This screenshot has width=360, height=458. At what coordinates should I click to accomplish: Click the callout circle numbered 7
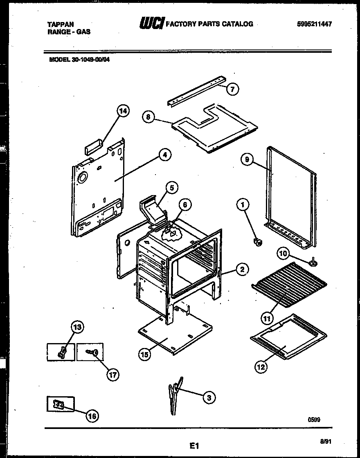232,89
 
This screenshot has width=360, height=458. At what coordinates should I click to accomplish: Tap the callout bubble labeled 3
209,397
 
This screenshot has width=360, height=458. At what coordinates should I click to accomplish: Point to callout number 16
92,416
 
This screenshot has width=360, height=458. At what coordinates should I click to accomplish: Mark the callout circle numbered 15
144,354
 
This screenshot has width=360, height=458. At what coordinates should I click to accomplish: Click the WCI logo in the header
152,24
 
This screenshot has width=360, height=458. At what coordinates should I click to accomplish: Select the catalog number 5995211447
314,24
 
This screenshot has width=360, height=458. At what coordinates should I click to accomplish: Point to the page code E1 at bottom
194,444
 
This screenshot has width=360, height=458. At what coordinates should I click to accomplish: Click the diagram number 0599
314,419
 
